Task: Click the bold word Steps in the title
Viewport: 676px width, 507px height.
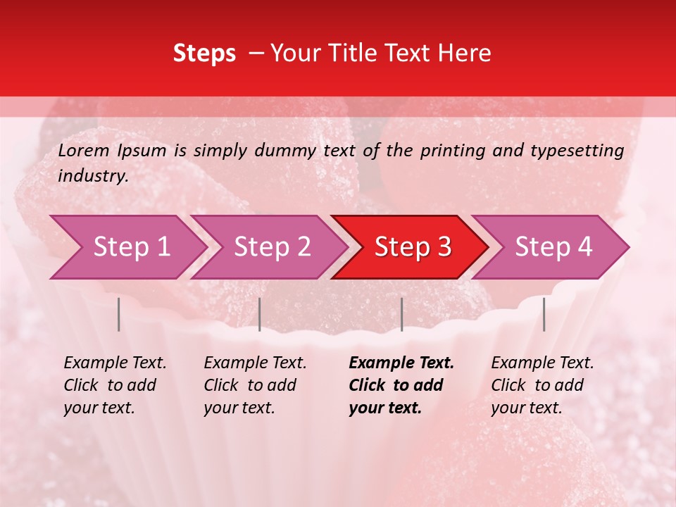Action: click(204, 54)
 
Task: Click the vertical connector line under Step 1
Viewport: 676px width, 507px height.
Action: click(119, 314)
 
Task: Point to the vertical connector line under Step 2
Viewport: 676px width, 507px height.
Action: click(260, 314)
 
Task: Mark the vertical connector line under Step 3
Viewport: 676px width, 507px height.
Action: click(401, 314)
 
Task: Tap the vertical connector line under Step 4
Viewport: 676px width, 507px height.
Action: click(544, 314)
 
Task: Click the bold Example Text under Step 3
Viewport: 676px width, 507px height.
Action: click(401, 363)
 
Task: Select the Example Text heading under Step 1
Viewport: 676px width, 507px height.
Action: click(115, 363)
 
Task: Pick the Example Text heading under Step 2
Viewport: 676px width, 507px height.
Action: click(255, 363)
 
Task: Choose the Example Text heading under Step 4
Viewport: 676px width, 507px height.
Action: click(542, 363)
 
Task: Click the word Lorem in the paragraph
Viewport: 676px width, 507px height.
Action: click(84, 151)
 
